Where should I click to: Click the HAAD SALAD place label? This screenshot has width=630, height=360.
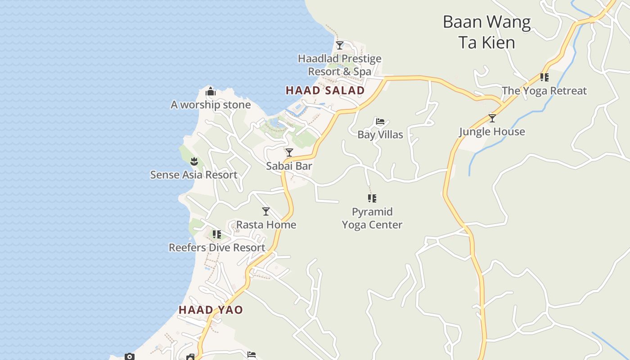click(x=325, y=90)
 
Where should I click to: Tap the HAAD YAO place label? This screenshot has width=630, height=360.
click(x=211, y=310)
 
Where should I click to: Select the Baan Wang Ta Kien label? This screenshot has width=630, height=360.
click(x=486, y=32)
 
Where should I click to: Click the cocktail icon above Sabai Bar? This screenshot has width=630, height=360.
click(x=289, y=153)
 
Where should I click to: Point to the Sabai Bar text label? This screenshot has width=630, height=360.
click(x=289, y=166)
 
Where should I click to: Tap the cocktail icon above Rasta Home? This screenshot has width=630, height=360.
click(x=266, y=211)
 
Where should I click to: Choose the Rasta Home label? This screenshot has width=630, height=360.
click(x=266, y=225)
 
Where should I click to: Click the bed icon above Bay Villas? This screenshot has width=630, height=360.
click(x=380, y=121)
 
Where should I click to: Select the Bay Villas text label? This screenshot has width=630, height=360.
click(x=380, y=135)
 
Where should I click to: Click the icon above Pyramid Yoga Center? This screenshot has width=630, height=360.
click(x=372, y=198)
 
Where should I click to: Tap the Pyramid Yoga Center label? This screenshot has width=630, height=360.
click(x=372, y=218)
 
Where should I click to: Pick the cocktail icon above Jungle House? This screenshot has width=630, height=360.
click(x=492, y=118)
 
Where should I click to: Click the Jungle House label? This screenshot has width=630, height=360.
click(x=492, y=132)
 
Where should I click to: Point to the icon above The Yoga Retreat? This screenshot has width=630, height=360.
click(x=544, y=77)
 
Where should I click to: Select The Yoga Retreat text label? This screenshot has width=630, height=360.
click(x=544, y=91)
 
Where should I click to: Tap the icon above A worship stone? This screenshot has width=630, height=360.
click(x=211, y=92)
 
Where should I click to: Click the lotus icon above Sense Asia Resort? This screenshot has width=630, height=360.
click(x=194, y=161)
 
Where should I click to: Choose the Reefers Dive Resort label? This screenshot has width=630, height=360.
click(x=217, y=247)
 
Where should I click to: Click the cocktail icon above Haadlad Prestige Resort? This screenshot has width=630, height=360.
click(x=340, y=45)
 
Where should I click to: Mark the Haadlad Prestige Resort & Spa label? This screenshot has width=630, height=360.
click(x=340, y=65)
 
